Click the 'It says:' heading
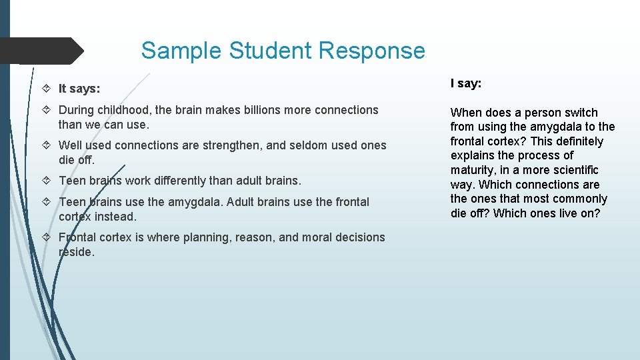coord(79,89)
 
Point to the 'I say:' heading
coord(466,83)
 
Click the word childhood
coord(125,110)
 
